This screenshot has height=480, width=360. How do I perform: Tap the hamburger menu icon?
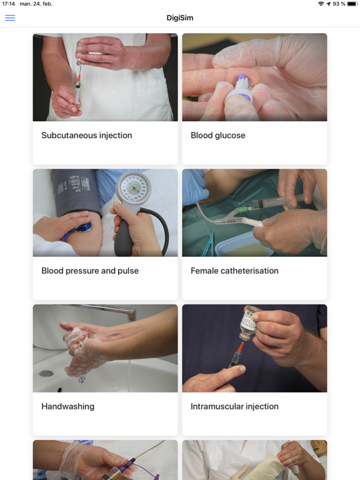10,17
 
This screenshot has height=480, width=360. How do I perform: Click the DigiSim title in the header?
180,17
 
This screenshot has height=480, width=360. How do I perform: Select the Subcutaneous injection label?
86,135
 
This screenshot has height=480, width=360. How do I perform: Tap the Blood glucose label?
217,135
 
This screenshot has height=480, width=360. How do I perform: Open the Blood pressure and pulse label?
90,271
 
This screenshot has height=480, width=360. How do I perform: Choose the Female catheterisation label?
234,271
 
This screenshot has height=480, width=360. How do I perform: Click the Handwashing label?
67,406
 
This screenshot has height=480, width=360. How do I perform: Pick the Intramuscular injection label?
234,406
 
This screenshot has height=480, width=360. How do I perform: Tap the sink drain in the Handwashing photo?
46,373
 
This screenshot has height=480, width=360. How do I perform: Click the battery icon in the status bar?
352,4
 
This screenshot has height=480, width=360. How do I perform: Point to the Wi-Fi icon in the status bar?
321,4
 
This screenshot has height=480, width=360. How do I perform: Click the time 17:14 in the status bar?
8,4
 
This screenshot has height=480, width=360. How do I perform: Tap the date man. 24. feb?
36,4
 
